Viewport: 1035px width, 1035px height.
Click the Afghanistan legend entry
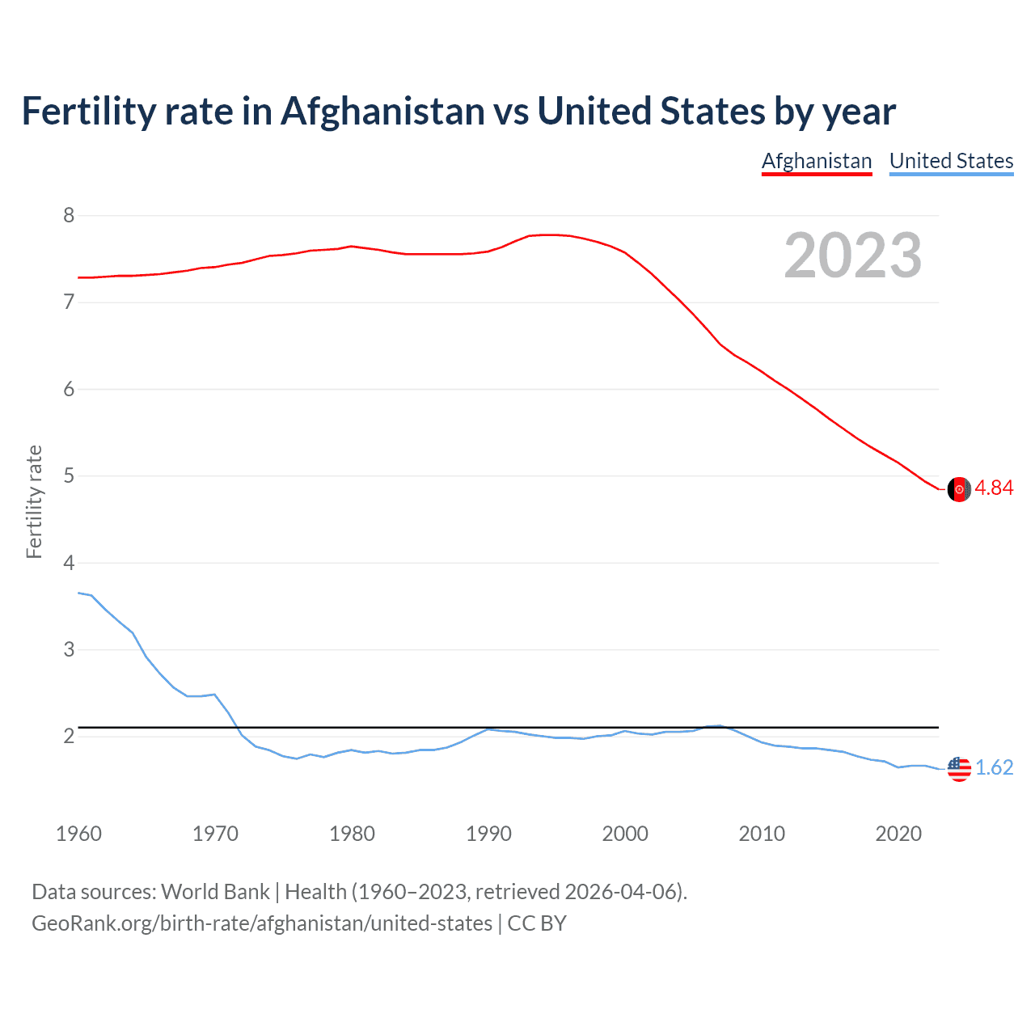coord(817,161)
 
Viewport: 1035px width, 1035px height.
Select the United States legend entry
coord(951,161)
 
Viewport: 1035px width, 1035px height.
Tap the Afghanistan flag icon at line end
coord(959,489)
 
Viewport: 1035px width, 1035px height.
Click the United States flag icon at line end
coord(959,768)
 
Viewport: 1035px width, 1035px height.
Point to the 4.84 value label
coord(994,488)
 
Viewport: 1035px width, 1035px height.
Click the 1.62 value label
coord(994,767)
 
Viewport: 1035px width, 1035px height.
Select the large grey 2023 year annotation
coord(853,256)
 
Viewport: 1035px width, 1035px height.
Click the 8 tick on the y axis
coord(69,215)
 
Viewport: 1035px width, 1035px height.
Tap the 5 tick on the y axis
coord(69,475)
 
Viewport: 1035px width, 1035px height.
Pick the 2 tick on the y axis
coord(69,736)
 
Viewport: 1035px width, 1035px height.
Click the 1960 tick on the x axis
coord(78,834)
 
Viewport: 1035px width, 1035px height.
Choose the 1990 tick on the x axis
coord(488,834)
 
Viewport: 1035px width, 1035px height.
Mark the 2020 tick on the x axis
coord(898,834)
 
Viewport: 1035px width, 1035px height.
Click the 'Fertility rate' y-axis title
coord(34,501)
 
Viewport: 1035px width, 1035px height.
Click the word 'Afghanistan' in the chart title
coord(382,111)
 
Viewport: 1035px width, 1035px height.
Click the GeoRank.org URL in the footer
coord(262,923)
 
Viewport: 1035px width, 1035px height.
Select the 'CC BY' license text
coord(537,923)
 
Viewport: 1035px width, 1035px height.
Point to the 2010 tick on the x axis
coord(762,834)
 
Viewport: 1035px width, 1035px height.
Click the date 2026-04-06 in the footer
coord(619,891)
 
